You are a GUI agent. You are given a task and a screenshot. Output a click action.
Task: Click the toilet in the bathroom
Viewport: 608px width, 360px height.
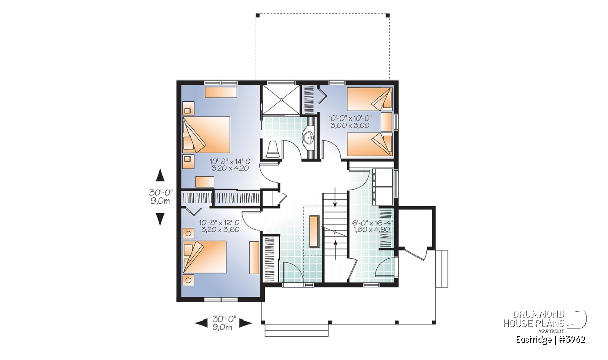coord(273,150)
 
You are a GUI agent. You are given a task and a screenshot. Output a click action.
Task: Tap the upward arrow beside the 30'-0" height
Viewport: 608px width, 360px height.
coord(160,175)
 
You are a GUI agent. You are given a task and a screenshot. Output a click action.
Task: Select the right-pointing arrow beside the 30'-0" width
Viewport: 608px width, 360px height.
coord(246,323)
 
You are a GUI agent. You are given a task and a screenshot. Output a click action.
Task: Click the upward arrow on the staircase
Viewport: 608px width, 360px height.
coord(336,250)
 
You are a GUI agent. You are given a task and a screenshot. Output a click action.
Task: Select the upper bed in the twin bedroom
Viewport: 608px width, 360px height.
coord(370,99)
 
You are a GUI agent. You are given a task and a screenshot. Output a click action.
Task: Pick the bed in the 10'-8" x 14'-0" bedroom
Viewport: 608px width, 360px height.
coord(206,135)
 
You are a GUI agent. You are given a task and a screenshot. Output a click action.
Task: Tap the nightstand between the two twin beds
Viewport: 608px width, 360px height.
coord(387,122)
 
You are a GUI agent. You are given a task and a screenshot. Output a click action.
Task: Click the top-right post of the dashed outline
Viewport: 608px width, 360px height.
coord(388,15)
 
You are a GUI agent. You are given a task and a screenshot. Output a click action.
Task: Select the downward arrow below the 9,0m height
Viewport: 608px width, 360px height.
coord(160,219)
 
